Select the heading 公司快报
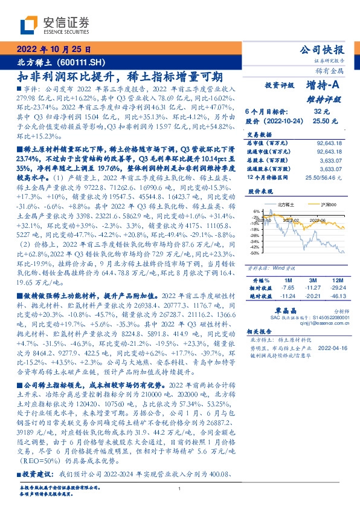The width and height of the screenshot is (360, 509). coord(327,50)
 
